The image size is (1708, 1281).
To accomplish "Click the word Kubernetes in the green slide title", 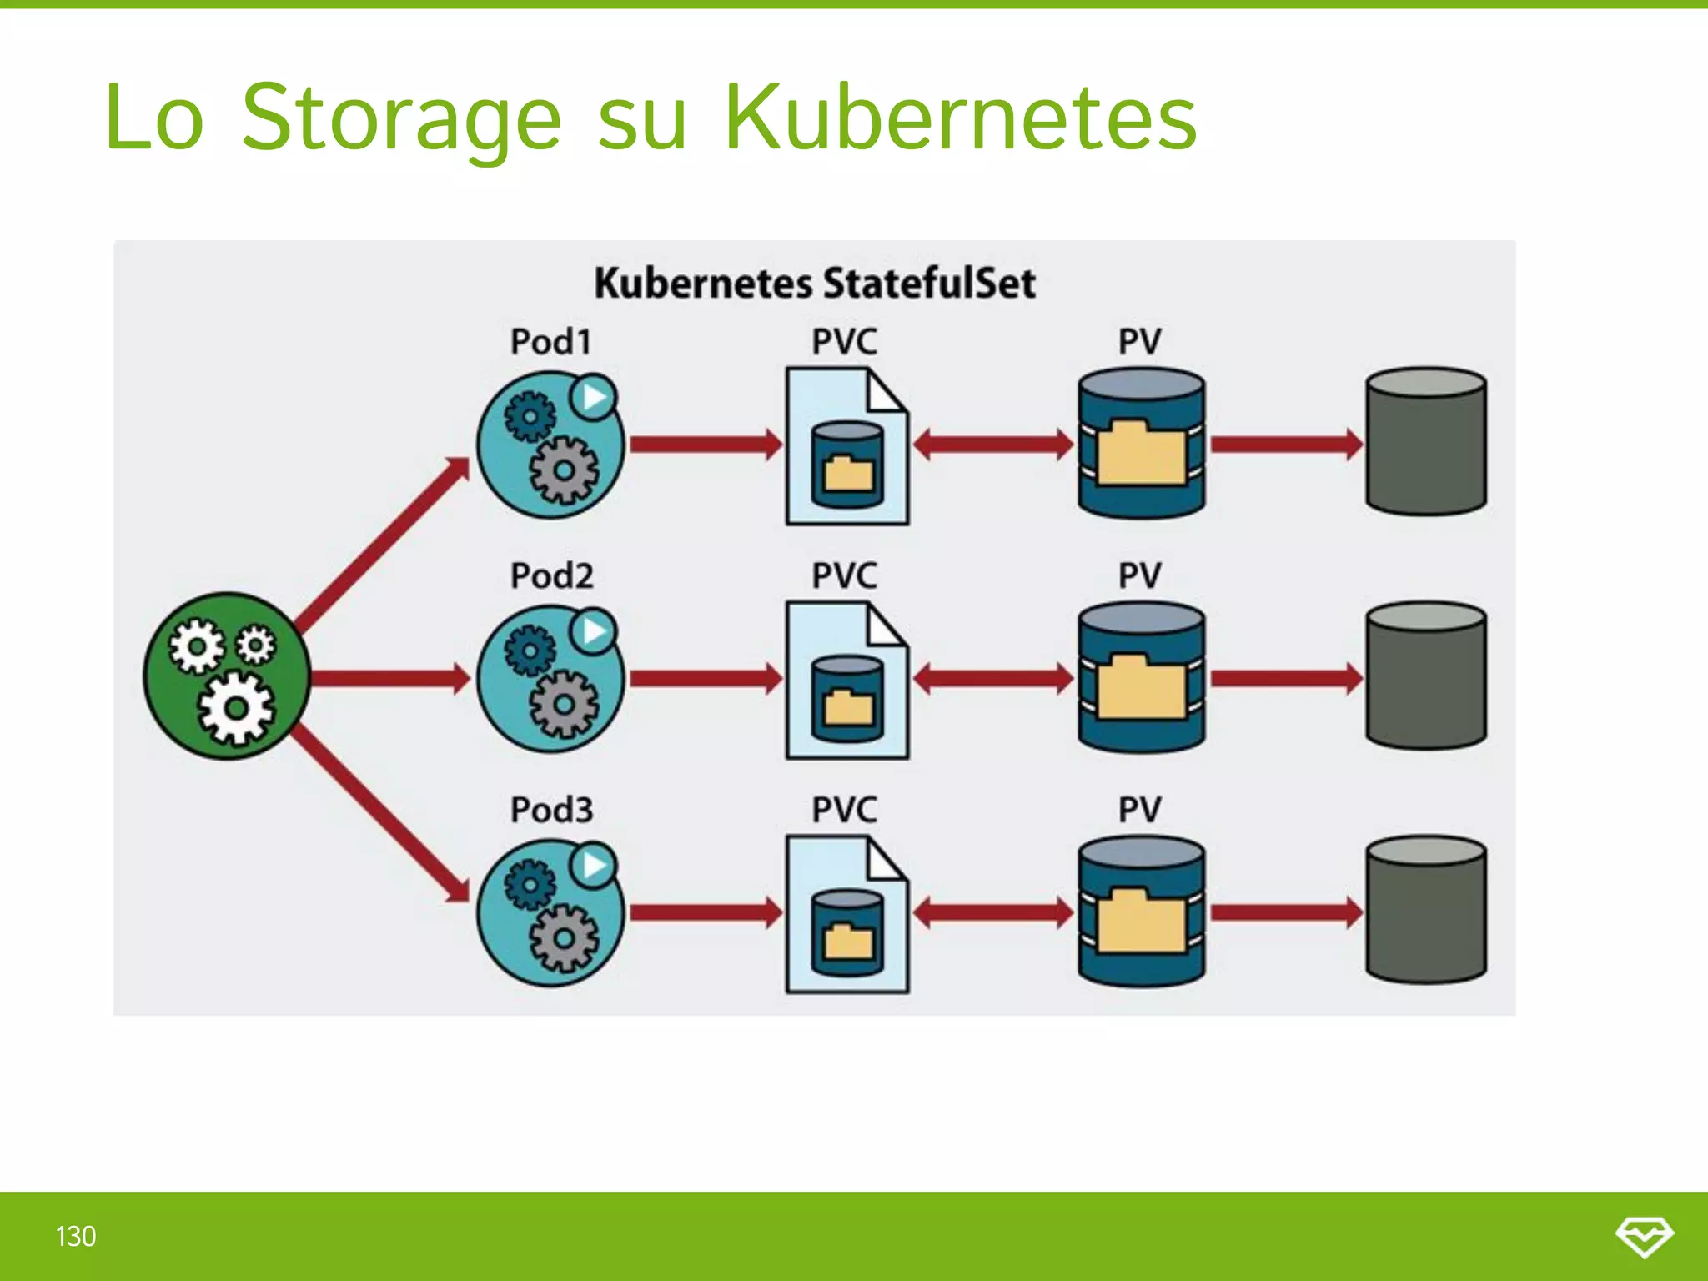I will (x=961, y=118).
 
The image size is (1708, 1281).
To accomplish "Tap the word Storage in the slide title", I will (x=401, y=118).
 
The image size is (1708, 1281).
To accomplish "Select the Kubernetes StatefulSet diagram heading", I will (x=815, y=283).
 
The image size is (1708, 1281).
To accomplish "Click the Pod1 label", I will (x=551, y=342).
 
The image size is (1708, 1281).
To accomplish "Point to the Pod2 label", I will (x=551, y=576).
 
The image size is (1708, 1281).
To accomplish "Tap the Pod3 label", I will (x=551, y=810).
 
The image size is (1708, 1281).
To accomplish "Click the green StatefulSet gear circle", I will (x=228, y=676).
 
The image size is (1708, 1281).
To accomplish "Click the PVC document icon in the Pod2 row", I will (x=846, y=680).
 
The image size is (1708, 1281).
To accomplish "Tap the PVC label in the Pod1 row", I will (x=845, y=342).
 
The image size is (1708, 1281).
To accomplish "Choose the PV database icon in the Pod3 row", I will (x=1141, y=912).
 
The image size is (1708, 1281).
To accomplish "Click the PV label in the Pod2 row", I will (x=1139, y=576).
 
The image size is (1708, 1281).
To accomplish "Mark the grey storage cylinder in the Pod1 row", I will (x=1426, y=441).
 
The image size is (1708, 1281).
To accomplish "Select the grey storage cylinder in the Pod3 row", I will (x=1426, y=910).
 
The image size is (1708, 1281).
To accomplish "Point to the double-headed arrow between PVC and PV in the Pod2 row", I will (x=993, y=678).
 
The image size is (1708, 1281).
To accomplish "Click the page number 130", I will (x=76, y=1236).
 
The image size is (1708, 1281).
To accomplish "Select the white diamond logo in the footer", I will (x=1644, y=1236).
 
